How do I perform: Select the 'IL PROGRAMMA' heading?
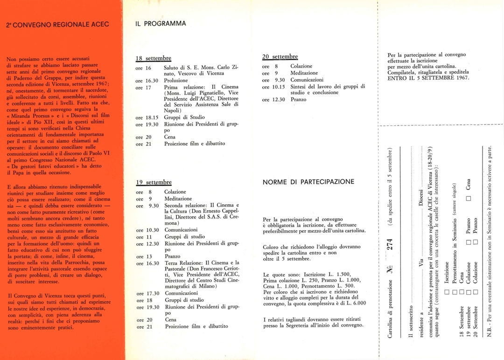pos(161,23)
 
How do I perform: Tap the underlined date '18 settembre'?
pos(153,58)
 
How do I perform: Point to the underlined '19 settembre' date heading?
pos(154,182)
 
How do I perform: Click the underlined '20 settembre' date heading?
pos(280,56)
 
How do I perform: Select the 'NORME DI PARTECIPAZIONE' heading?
pos(308,181)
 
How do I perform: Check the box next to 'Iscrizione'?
pos(447,293)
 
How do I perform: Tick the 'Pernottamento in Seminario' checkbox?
pos(454,293)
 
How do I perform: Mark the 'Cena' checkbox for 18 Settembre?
pos(462,293)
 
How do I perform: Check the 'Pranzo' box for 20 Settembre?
pos(476,242)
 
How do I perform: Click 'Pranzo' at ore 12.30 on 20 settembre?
pos(298,99)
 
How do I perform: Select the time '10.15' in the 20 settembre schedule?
pos(279,86)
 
